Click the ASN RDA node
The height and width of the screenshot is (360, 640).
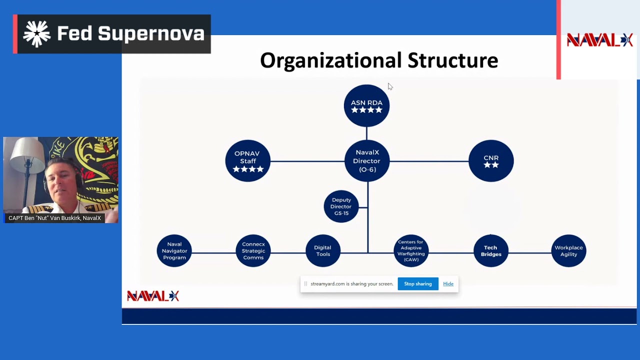366,105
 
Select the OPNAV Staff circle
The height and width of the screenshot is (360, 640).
247,161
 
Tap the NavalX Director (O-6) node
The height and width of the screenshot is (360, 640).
367,161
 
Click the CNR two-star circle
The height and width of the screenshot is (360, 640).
491,161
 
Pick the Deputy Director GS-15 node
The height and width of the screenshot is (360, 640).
341,206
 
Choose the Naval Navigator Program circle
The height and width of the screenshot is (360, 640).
174,251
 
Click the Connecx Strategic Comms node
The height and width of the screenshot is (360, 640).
253,251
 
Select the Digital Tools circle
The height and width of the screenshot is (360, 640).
322,251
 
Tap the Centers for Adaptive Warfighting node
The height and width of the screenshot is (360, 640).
410,251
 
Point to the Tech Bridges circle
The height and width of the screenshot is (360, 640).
490,251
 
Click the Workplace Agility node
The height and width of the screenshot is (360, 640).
568,251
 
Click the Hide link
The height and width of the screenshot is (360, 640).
448,284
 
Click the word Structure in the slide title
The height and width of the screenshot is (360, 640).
452,61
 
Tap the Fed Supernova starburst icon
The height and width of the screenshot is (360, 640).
37,34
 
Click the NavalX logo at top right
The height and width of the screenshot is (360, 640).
599,40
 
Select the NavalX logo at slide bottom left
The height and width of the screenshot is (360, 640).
152,296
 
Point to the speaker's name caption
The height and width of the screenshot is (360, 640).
55,218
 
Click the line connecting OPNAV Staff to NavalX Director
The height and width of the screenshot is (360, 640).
307,161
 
